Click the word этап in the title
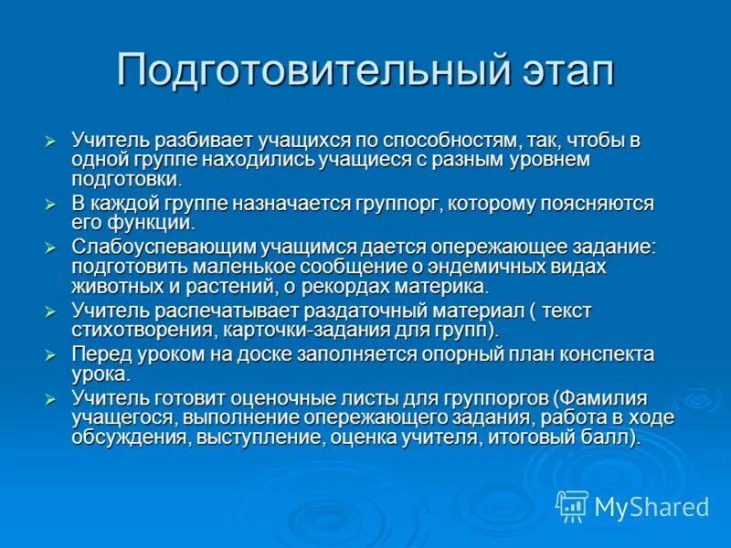pos(561,71)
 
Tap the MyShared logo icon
pos(572,506)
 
